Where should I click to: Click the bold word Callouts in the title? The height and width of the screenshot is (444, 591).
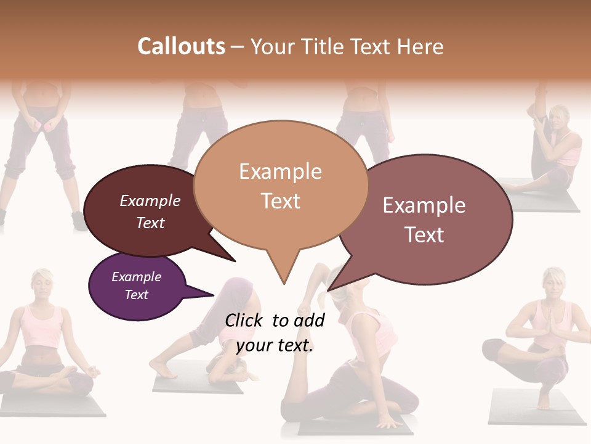click(x=181, y=46)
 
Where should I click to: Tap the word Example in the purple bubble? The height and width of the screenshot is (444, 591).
click(x=136, y=277)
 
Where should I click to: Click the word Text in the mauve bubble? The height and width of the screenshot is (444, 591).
click(x=424, y=235)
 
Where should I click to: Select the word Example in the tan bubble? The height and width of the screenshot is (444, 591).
click(x=280, y=171)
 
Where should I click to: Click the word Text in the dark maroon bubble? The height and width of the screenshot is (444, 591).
click(x=150, y=223)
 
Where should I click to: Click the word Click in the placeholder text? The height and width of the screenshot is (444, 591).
click(x=244, y=320)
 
